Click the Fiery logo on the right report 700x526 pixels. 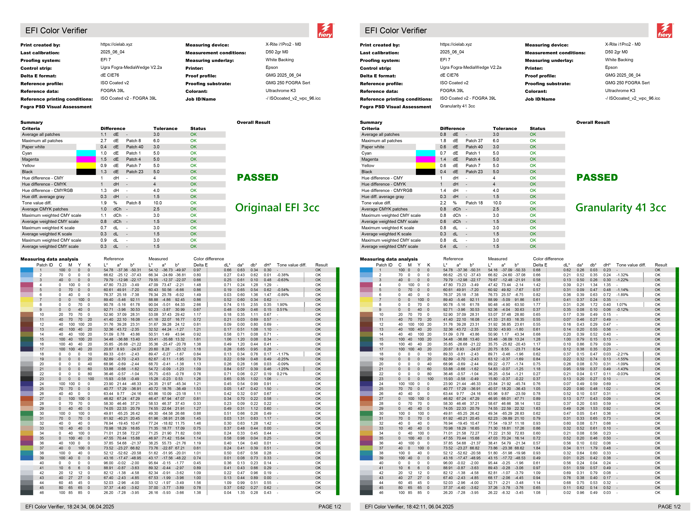coord(665,31)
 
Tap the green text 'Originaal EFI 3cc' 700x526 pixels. coord(277,208)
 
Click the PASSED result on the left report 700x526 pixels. coord(258,178)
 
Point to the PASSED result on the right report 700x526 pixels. coord(597,178)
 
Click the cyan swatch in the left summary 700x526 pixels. coord(86,153)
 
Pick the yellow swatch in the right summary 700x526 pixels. coord(425,166)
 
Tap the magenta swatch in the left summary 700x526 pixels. coord(86,159)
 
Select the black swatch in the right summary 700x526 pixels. coord(425,172)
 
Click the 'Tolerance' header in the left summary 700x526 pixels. coord(165,129)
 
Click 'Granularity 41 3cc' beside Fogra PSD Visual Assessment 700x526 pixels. coord(457,106)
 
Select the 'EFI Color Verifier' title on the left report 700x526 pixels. coord(56,31)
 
